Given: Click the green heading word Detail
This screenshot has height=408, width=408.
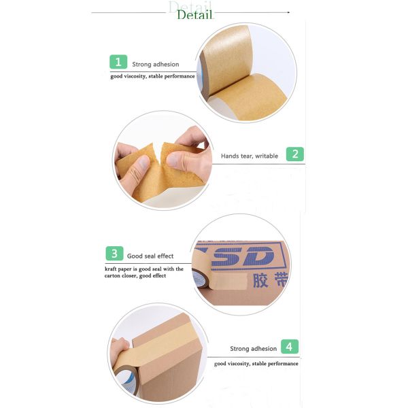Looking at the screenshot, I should (194, 14).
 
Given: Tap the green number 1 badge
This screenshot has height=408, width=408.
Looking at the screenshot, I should (118, 62).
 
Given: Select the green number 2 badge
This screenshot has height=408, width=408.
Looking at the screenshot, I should (294, 154).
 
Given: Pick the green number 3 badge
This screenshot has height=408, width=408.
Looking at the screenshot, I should (114, 254).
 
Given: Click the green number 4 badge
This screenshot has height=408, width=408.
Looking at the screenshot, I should (291, 347).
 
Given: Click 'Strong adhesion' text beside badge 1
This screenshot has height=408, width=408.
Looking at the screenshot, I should (156, 65).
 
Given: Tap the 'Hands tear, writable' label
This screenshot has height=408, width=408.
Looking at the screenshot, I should (250, 156).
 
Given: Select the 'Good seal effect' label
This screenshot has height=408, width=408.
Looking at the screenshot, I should (150, 256).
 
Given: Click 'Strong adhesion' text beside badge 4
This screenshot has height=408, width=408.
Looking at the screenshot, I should (253, 349).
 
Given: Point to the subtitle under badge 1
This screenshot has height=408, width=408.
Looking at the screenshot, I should (153, 76).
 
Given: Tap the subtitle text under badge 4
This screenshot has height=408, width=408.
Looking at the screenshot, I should (256, 364).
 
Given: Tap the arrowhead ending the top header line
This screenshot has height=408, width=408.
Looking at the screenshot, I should (288, 12).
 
